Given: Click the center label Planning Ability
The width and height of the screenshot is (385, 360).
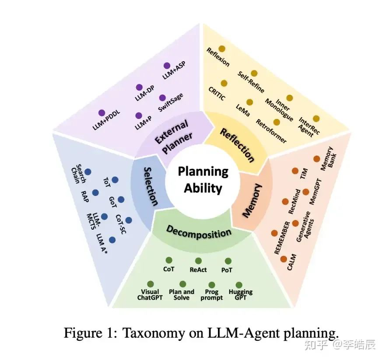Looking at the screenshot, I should point(203,180).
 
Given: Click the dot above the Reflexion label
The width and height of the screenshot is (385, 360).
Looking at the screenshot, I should point(222,49).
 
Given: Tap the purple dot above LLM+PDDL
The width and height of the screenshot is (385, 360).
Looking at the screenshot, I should point(102,113).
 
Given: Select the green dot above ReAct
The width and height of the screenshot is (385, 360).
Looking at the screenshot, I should point(198,261).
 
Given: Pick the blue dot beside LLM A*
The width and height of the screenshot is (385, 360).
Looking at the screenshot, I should point(112,240).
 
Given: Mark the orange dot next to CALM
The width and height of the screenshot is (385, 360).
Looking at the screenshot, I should point(283,259).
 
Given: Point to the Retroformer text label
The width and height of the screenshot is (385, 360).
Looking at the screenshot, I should point(271,131).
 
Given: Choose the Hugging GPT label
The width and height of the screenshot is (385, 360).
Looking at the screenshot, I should point(240,294).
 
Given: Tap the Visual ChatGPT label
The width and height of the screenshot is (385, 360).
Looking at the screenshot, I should point(150,294).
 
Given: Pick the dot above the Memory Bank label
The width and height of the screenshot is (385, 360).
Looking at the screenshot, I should point(316,159).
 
